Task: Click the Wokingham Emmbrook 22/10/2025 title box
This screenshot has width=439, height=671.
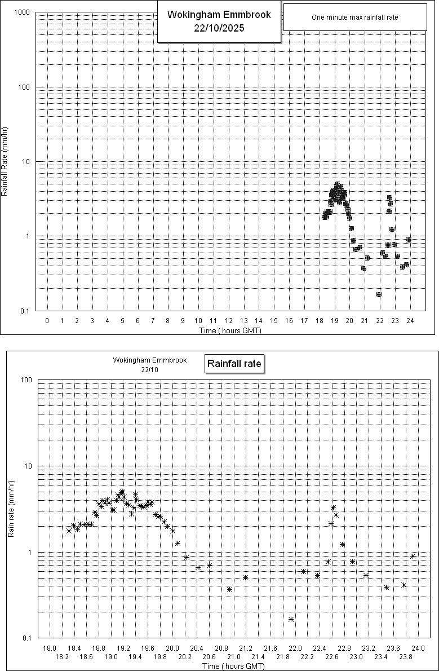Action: pyautogui.click(x=219, y=22)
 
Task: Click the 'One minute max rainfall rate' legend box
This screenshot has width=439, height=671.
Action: pyautogui.click(x=354, y=17)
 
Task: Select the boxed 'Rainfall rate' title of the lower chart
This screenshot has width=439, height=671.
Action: pyautogui.click(x=234, y=364)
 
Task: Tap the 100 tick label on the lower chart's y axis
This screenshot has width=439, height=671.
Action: pyautogui.click(x=25, y=379)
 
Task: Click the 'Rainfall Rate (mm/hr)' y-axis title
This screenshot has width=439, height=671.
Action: pyautogui.click(x=5, y=161)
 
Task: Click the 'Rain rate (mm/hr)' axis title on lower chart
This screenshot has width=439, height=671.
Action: pyautogui.click(x=11, y=509)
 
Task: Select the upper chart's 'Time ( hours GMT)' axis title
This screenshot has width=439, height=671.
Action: pyautogui.click(x=230, y=330)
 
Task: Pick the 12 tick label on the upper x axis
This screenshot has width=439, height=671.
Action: pyautogui.click(x=228, y=321)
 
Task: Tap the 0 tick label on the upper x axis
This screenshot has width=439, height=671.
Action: pyautogui.click(x=47, y=321)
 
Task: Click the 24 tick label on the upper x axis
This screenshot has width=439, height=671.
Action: pyautogui.click(x=410, y=321)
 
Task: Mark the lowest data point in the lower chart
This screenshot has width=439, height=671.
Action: pyautogui.click(x=291, y=619)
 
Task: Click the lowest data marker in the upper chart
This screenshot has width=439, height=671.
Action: pyautogui.click(x=379, y=294)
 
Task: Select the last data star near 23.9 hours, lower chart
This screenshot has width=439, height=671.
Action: pyautogui.click(x=413, y=556)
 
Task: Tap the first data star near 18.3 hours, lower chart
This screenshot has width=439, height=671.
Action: pyautogui.click(x=69, y=531)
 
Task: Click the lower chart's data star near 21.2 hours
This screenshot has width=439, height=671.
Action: pyautogui.click(x=245, y=577)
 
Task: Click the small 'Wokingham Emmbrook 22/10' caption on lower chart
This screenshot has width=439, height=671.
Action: pyautogui.click(x=133, y=364)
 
